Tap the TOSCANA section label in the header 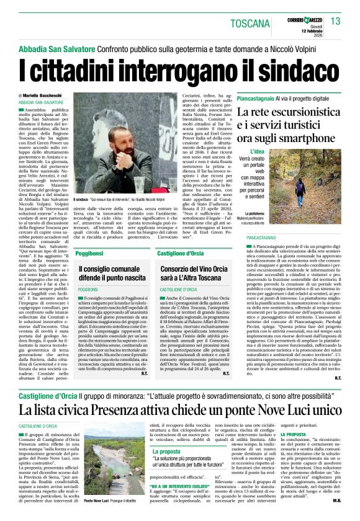pos(249,24)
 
